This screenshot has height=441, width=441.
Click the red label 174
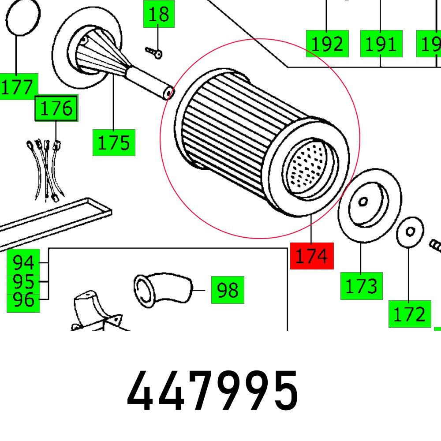(312, 256)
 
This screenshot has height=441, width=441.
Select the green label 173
(361, 286)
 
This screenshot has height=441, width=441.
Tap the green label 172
(409, 314)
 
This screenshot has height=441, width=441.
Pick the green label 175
(114, 143)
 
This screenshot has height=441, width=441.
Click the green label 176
(56, 108)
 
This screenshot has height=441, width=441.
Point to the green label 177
(18, 87)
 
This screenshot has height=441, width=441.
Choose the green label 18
(158, 14)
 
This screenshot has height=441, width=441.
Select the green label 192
(327, 44)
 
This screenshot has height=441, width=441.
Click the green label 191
(381, 44)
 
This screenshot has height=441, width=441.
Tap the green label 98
(228, 290)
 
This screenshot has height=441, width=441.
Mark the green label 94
(23, 263)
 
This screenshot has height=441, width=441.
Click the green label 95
(23, 281)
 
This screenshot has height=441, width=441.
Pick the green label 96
(23, 300)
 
